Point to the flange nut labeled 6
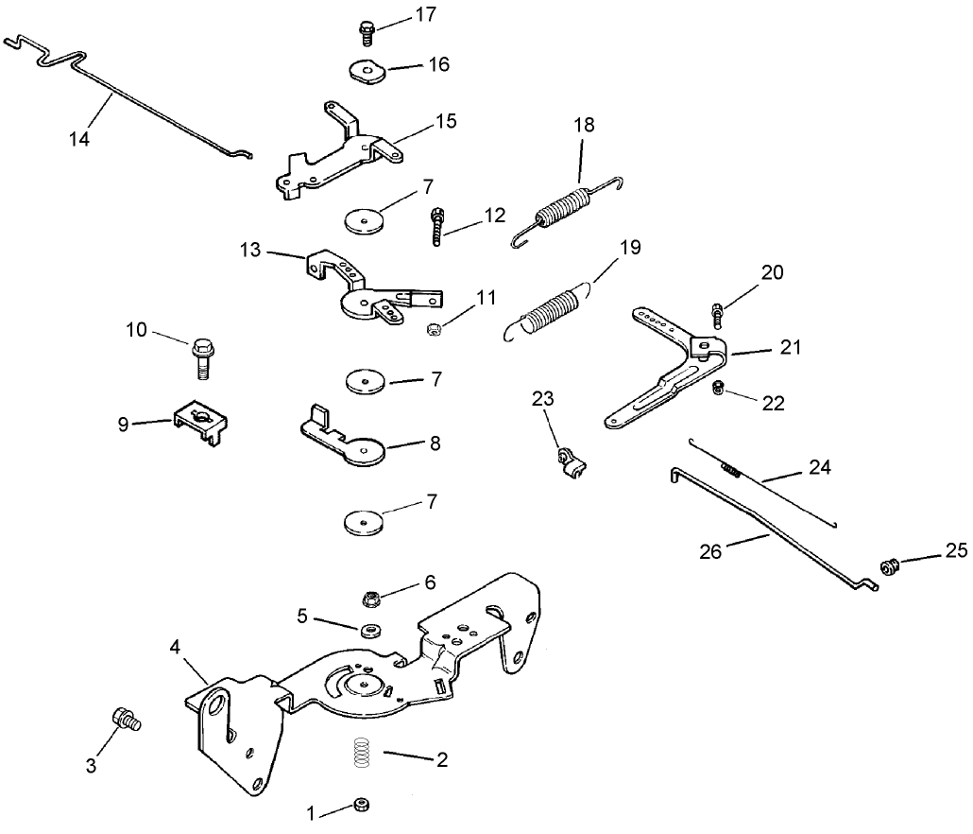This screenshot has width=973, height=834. point(372,599)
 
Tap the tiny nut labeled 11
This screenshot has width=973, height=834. point(435,328)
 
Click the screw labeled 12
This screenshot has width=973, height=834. point(437,227)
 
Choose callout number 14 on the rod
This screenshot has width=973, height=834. point(80,138)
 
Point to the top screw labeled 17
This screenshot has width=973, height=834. point(367,31)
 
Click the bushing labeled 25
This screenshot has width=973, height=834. point(888,566)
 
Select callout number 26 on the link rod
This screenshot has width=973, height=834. point(710,551)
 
